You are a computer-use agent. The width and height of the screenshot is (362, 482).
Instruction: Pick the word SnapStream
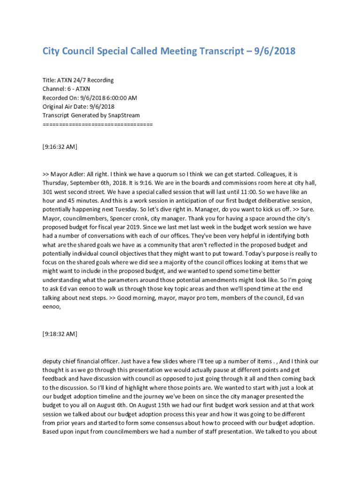point(124,115)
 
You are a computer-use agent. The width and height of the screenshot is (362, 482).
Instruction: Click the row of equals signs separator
point(97,124)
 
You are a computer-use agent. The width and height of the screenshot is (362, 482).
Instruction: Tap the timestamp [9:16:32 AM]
point(60,147)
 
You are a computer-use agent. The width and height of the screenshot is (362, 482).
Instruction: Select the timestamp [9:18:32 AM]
point(60,334)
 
